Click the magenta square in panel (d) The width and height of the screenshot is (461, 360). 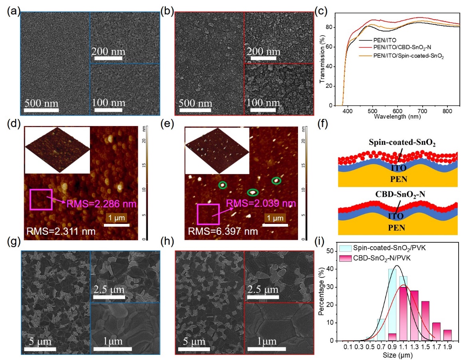[x=41, y=199]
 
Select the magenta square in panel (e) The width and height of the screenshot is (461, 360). [x=208, y=214]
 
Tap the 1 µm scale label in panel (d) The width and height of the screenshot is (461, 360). [x=117, y=218]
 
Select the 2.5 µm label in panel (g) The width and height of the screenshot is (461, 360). [x=109, y=289]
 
